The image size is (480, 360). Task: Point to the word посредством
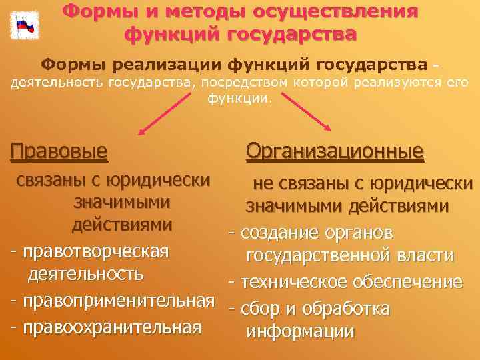247,82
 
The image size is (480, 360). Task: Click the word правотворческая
95,251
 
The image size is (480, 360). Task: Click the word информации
300,332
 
